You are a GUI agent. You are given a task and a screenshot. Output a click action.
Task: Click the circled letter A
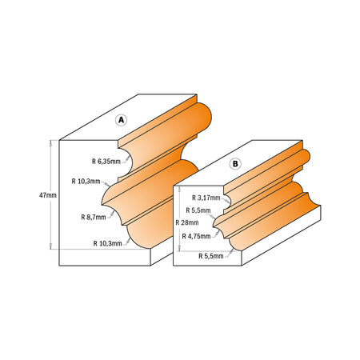tap(122, 120)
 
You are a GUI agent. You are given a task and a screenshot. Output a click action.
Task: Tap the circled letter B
tap(235, 164)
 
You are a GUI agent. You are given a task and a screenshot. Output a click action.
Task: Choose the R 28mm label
tap(186, 222)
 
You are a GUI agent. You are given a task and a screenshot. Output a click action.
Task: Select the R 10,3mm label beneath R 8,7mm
tap(109, 242)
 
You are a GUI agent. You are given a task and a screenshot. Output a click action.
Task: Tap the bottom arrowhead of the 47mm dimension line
tap(52, 247)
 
